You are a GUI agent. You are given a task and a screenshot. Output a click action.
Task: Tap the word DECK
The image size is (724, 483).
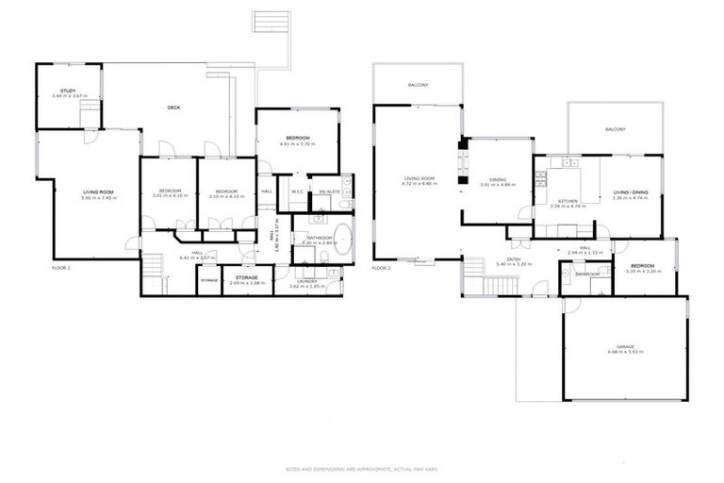pyautogui.click(x=173, y=108)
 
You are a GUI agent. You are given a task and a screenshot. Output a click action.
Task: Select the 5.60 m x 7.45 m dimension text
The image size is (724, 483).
pyautogui.click(x=97, y=198)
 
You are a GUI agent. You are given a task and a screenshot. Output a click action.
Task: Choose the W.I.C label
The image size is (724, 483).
pyautogui.click(x=296, y=192)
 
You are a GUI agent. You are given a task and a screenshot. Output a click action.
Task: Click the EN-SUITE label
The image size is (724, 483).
pyautogui.click(x=329, y=192)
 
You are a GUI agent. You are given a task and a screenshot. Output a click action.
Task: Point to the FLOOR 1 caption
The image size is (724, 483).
pyautogui.click(x=61, y=268)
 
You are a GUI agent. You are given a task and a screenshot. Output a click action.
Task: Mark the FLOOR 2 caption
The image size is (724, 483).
pyautogui.click(x=381, y=268)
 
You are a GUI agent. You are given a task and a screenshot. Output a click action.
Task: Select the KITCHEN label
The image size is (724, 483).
pyautogui.click(x=567, y=200)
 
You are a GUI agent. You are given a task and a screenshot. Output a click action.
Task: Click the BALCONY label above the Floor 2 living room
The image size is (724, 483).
pyautogui.click(x=418, y=86)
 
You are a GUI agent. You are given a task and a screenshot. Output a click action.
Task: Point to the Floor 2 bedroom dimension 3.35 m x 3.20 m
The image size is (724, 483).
pyautogui.click(x=642, y=271)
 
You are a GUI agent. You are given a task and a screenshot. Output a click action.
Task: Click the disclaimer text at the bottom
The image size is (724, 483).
pyautogui.click(x=362, y=469)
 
